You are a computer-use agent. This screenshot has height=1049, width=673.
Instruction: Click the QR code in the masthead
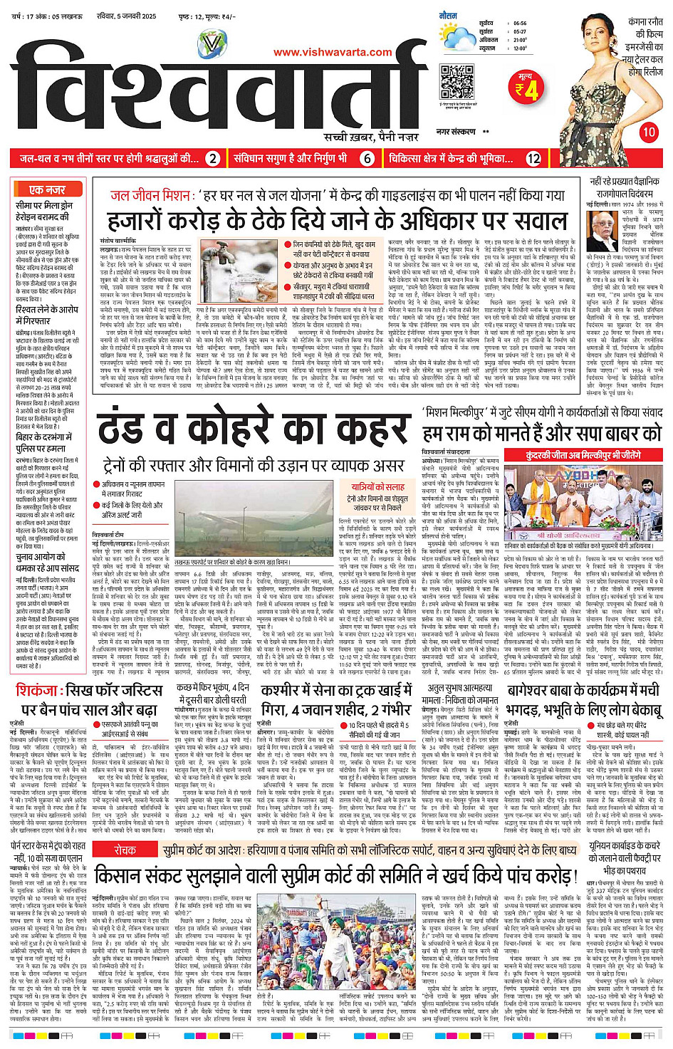click(457, 81)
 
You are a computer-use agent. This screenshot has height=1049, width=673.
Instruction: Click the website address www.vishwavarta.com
click(333, 52)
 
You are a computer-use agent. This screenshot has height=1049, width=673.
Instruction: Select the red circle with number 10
click(649, 132)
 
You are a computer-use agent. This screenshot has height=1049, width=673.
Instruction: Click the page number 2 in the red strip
click(212, 159)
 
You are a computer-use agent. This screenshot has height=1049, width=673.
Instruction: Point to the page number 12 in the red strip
click(533, 159)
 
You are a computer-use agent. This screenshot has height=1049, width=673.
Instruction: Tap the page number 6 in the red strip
click(367, 159)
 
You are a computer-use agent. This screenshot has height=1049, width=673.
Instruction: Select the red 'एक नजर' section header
click(48, 189)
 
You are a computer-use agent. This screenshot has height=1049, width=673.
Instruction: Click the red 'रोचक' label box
click(125, 830)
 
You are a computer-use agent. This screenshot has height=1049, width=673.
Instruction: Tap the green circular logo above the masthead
click(212, 46)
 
